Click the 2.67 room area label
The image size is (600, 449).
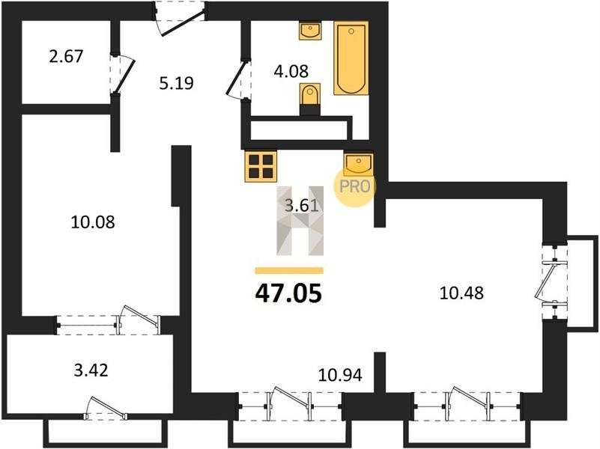tap(66, 57)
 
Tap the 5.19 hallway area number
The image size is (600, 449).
tap(176, 82)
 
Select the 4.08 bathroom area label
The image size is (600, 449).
tap(291, 71)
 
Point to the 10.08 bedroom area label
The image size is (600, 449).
tap(93, 222)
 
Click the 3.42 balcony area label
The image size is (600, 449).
tap(91, 370)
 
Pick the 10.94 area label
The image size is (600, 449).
tap(340, 375)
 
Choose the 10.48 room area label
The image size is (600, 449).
tap(462, 293)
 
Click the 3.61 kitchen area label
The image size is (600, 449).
tap(302, 207)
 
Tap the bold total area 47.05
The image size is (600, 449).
tap(288, 294)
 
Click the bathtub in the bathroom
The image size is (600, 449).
tap(351, 58)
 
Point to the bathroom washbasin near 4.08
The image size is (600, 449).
tap(310, 31)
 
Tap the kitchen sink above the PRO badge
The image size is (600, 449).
tap(358, 163)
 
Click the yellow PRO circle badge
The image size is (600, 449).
tap(355, 186)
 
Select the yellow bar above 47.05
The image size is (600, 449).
tap(289, 271)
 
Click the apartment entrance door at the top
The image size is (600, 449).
tap(181, 19)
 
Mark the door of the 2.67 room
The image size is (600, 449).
tap(122, 75)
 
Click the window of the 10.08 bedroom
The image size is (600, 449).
tap(108, 325)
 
